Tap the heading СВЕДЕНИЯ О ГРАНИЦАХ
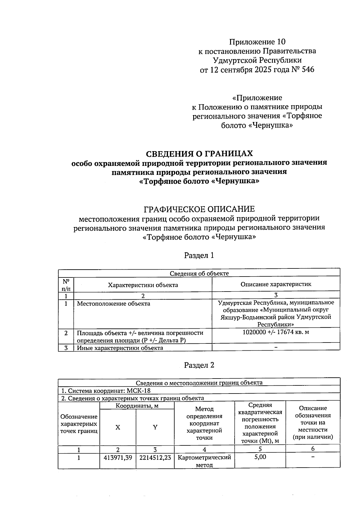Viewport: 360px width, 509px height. coord(199,154)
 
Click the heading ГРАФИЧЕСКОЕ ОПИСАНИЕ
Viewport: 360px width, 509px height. coord(199,209)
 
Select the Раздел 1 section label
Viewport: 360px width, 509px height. coord(199,256)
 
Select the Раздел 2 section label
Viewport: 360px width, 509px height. coord(199,365)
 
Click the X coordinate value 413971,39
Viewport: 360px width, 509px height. coord(118,458)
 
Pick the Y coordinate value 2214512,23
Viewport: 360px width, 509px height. coord(155,458)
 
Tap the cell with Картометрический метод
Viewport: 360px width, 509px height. coord(204,461)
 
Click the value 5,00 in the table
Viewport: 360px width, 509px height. coord(260,457)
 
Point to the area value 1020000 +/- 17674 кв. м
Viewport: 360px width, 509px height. coord(276,333)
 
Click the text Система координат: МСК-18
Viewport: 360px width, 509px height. coord(106,391)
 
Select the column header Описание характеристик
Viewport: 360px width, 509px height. coord(276,284)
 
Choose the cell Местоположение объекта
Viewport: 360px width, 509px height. coord(114,304)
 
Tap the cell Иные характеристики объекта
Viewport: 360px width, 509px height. coord(120,348)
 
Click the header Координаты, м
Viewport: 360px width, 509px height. coord(137,406)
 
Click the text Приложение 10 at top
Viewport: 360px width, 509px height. coord(257,42)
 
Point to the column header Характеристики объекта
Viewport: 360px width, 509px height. coord(143,285)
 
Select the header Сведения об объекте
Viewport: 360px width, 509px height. coord(199,273)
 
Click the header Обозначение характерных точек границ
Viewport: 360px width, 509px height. coord(79,424)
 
